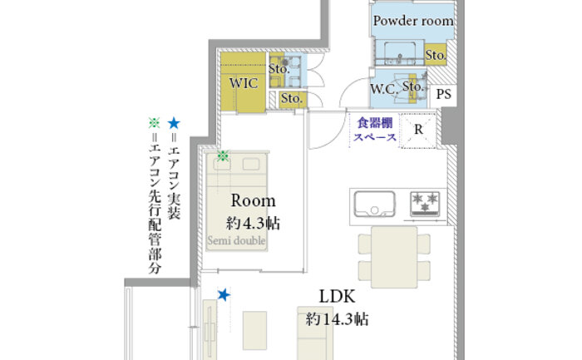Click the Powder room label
tap(413, 21)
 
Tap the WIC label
tap(244, 83)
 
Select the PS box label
tap(443, 94)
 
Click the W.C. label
tap(384, 89)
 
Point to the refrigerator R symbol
tap(418, 130)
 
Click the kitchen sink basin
tap(374, 204)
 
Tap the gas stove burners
tap(425, 204)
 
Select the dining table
tap(394, 257)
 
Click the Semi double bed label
tap(236, 240)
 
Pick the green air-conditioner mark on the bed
tap(223, 155)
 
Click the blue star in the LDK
tap(224, 295)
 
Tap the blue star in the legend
tap(173, 123)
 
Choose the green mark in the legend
tap(154, 123)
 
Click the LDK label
tap(337, 296)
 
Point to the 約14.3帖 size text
tap(337, 319)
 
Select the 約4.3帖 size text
tap(253, 224)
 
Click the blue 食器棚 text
tap(374, 123)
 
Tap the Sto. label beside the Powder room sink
tap(436, 56)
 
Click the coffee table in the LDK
tap(254, 330)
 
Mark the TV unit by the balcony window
tap(210, 329)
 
